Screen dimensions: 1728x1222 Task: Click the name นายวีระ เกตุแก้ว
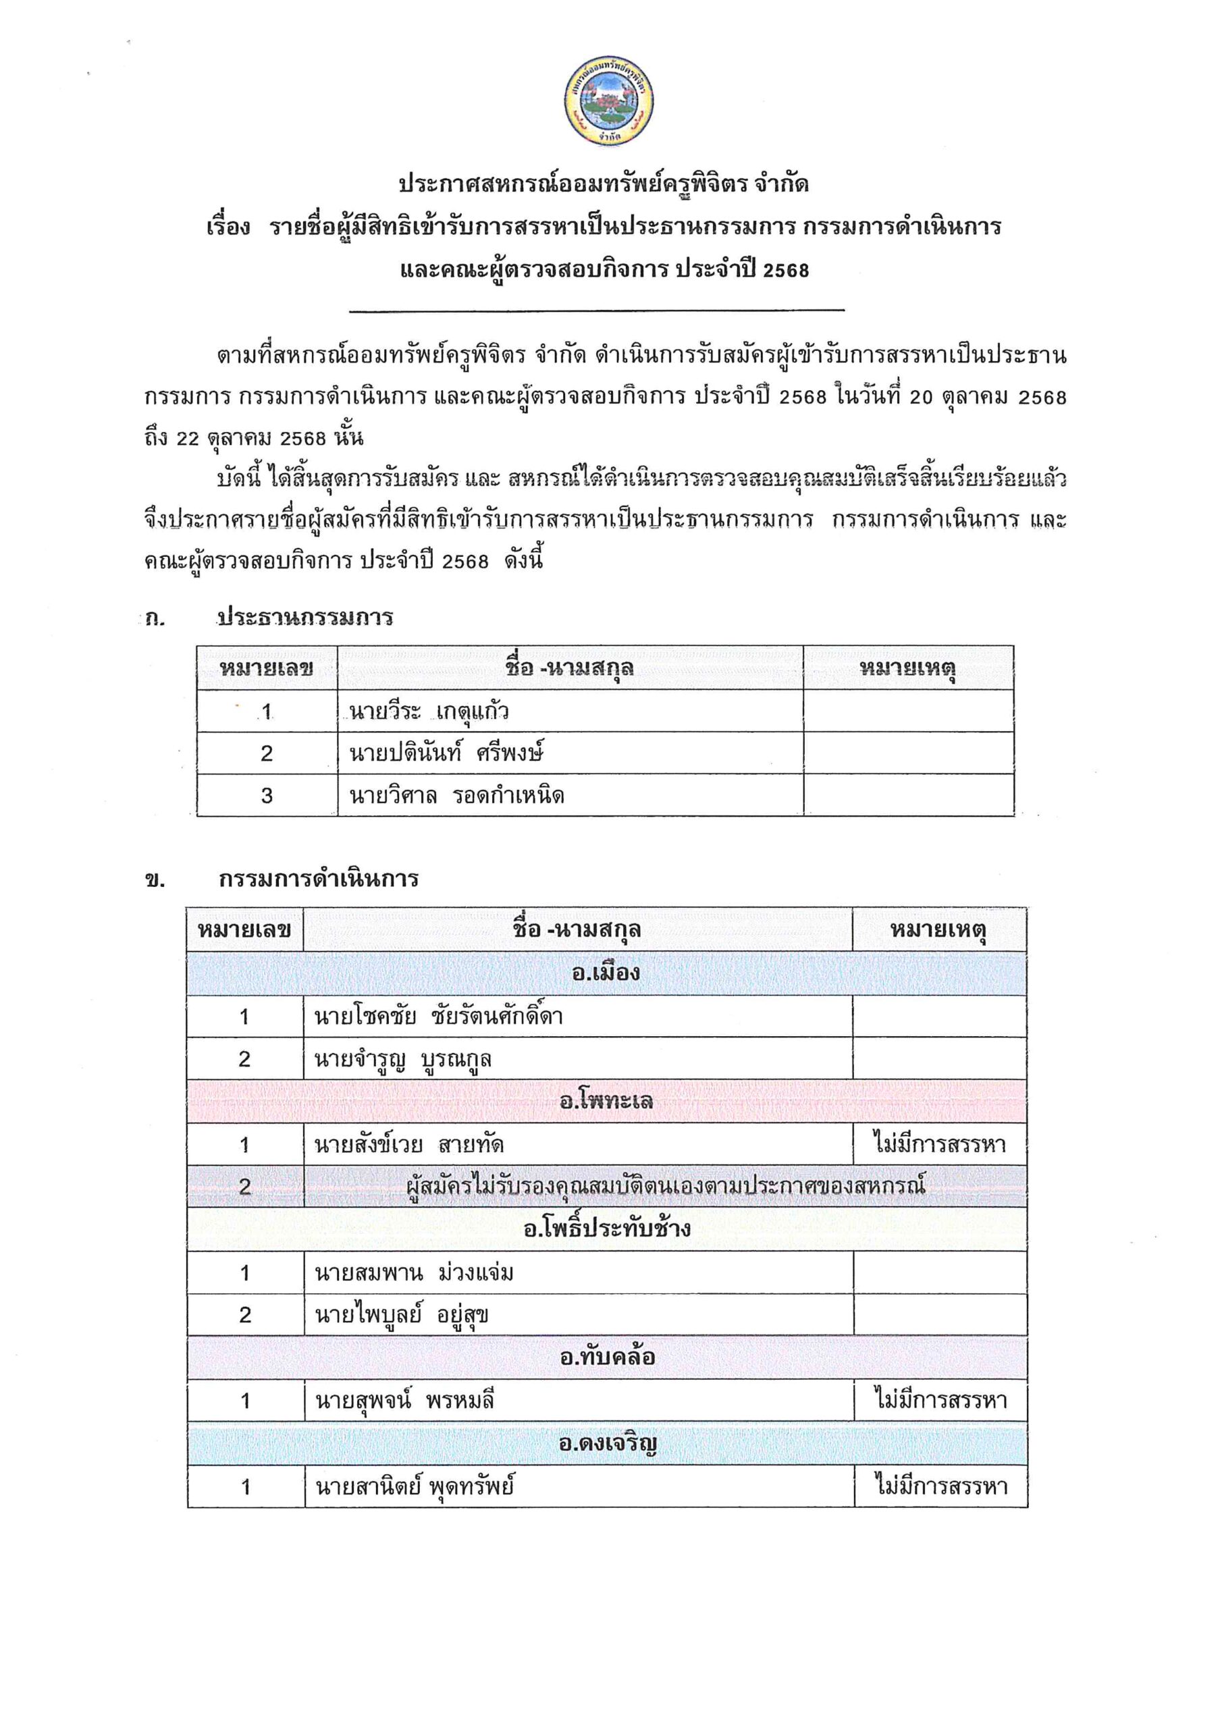429,711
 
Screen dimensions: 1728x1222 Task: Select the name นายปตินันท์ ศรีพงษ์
446,753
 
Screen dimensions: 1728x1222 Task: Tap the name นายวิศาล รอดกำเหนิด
457,796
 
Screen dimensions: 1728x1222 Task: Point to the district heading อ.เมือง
606,973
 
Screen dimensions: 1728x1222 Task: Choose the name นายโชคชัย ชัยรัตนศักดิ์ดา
438,1017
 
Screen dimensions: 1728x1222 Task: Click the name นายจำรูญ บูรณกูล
403,1060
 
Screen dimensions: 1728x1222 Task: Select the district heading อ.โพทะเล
606,1102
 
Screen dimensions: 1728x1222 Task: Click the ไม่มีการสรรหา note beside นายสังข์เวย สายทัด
940,1145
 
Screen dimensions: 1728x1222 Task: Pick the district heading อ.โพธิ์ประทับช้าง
606,1230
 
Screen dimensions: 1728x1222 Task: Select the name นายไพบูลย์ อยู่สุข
402,1316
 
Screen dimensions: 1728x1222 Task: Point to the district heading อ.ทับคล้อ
607,1357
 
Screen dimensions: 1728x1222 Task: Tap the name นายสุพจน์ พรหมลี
404,1401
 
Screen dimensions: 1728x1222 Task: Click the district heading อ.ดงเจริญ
607,1444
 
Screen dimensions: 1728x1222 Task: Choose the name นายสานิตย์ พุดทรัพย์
415,1486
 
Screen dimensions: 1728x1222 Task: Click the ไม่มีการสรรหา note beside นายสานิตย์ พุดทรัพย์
940,1486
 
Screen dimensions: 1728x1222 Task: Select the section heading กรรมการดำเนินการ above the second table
319,879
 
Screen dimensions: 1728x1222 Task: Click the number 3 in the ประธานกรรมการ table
267,796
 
